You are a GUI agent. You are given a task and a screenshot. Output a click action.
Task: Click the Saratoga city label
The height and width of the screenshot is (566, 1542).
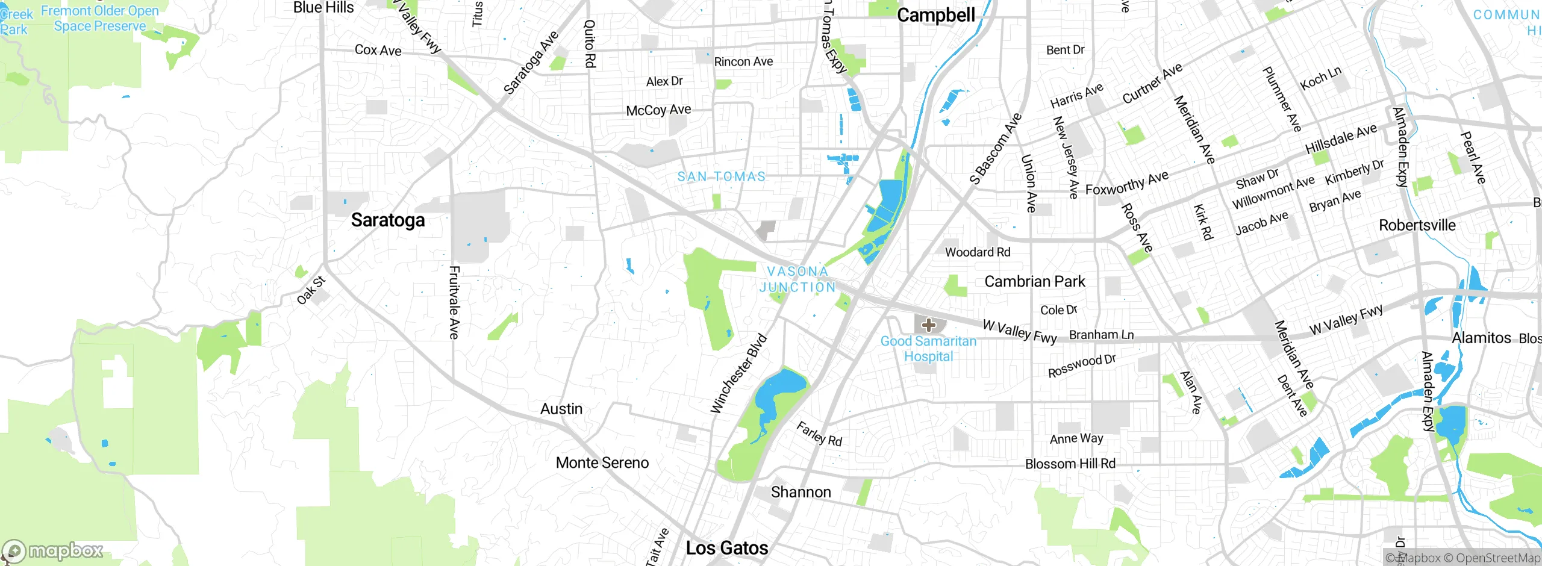tap(388, 220)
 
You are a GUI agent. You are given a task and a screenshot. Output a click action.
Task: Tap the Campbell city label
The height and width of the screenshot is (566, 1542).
tap(935, 15)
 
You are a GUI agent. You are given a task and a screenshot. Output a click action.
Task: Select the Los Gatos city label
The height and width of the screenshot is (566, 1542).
tap(727, 548)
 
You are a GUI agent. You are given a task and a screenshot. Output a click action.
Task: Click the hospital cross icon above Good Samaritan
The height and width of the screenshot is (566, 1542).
tap(928, 326)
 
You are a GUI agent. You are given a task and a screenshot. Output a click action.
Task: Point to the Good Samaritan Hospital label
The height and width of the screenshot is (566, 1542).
tap(928, 349)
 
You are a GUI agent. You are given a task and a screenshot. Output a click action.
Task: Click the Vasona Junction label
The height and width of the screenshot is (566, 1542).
tap(798, 279)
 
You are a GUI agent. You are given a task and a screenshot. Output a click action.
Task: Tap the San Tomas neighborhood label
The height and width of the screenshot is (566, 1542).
tap(721, 176)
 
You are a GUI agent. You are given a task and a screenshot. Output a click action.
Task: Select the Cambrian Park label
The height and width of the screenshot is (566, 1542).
tap(1034, 281)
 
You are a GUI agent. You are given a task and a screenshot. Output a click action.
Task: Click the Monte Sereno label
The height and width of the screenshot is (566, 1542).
tap(602, 462)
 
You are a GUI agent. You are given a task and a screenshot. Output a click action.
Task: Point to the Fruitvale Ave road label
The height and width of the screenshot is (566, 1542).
tap(455, 302)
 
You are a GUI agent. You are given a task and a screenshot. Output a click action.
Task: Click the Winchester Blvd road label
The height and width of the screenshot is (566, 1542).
tap(738, 374)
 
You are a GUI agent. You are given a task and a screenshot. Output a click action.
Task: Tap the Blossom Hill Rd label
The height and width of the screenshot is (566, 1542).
tap(1070, 464)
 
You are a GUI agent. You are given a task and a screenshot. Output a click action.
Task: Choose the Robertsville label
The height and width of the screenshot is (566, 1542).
tap(1417, 225)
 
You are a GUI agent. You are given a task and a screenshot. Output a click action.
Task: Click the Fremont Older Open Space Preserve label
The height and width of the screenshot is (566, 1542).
tap(100, 18)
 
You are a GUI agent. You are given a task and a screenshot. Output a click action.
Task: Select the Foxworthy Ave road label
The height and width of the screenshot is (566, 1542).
tap(1126, 182)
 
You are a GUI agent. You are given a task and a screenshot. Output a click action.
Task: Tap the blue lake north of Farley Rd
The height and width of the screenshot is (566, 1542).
tap(780, 390)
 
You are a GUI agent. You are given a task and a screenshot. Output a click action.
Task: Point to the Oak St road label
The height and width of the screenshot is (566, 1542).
tap(311, 290)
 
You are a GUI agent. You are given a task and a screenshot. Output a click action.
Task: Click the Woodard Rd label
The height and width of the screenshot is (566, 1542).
tap(977, 252)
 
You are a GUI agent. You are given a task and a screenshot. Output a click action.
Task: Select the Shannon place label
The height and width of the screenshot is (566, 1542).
tap(801, 492)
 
